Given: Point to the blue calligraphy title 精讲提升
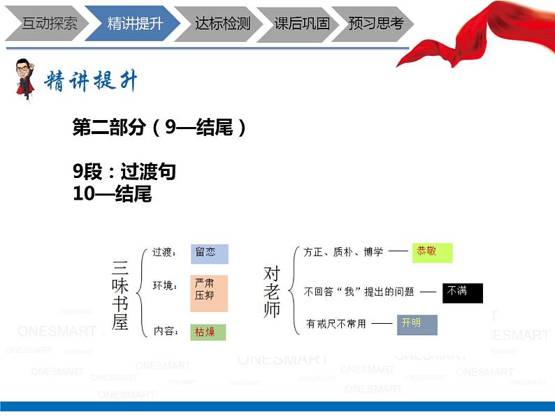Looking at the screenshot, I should pyautogui.click(x=91, y=82).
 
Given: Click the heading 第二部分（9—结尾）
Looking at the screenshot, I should pyautogui.click(x=159, y=127).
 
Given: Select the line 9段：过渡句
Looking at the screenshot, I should pyautogui.click(x=124, y=172).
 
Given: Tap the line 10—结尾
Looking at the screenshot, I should pyautogui.click(x=112, y=193).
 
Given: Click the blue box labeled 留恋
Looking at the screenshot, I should pyautogui.click(x=209, y=253).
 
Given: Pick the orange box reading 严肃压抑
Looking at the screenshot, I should pyautogui.click(x=209, y=292).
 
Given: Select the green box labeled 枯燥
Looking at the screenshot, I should pyautogui.click(x=208, y=332).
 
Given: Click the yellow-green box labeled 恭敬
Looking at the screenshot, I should pyautogui.click(x=432, y=252).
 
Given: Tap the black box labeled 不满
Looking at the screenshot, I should pyautogui.click(x=462, y=292).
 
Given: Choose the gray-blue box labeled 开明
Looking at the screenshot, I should pyautogui.click(x=417, y=325).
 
